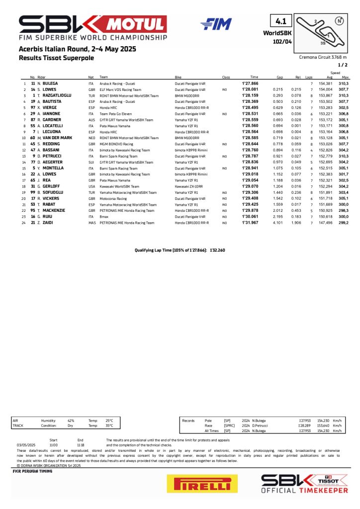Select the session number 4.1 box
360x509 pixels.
pyautogui.click(x=281, y=21)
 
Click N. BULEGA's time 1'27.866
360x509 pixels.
pyautogui.click(x=249, y=84)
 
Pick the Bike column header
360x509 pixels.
pyautogui.click(x=178, y=77)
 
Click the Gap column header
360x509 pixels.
pyautogui.click(x=279, y=77)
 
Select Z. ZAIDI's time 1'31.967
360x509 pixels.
pyautogui.click(x=249, y=223)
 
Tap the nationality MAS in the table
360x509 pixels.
pyautogui.click(x=91, y=223)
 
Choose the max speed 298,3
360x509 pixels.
pyautogui.click(x=344, y=210)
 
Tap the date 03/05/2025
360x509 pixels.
pyautogui.click(x=25, y=445)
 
